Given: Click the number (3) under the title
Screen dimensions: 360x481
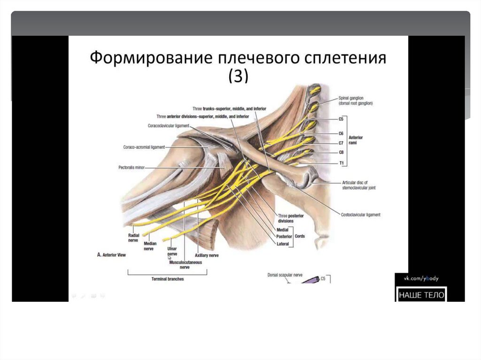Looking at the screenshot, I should (238, 76).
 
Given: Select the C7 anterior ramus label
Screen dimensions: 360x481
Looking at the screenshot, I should (341, 143).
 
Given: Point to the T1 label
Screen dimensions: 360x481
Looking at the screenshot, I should (341, 162).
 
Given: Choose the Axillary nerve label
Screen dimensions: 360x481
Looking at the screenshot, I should (207, 255).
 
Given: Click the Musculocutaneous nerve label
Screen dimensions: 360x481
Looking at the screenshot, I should (186, 265).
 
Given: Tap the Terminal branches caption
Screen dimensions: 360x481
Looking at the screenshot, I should (168, 279).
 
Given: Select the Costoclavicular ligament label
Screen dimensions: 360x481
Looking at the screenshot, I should (361, 214).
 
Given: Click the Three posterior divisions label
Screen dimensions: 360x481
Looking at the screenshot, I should (291, 218).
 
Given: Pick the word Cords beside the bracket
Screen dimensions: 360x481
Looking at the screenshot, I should (300, 236).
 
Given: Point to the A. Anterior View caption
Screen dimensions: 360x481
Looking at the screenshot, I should (111, 254).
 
